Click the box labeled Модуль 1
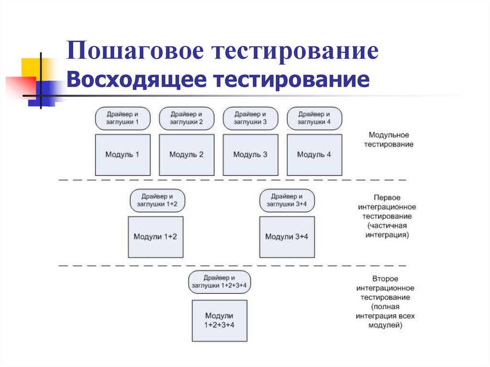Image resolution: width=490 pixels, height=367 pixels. [x=122, y=155]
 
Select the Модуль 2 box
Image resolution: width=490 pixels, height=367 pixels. [x=187, y=155]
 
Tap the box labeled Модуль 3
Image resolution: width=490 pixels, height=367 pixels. [x=250, y=155]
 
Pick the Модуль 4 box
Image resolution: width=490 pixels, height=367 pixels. [x=314, y=155]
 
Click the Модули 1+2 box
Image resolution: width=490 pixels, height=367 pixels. [x=156, y=237]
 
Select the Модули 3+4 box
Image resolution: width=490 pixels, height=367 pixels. [x=287, y=237]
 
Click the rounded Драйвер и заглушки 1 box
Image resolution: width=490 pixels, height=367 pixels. [x=122, y=118]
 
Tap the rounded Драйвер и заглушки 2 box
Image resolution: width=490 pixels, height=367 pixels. [x=187, y=118]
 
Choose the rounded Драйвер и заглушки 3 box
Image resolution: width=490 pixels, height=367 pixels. [x=250, y=118]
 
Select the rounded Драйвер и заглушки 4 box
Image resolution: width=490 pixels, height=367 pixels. [x=314, y=118]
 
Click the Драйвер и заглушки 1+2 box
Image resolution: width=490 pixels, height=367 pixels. [x=157, y=200]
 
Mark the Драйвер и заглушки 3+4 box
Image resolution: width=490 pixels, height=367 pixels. [x=287, y=200]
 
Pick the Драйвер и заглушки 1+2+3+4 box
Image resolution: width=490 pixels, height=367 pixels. [x=220, y=282]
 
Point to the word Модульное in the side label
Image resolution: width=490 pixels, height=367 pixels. [x=389, y=135]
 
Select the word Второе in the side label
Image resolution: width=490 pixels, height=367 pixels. [x=385, y=278]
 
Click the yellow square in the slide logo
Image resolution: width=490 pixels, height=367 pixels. [x=30, y=67]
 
